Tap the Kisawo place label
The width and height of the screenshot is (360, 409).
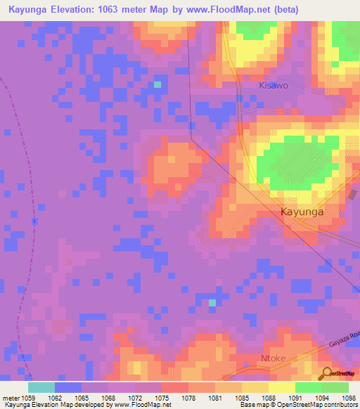(274, 85)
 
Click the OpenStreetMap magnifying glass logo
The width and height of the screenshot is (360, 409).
(327, 373)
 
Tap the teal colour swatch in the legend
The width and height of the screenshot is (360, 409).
(41, 387)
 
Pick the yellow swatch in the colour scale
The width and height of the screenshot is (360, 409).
(281, 387)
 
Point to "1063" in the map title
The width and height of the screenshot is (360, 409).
(116, 10)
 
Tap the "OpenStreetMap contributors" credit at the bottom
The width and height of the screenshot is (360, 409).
(319, 405)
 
